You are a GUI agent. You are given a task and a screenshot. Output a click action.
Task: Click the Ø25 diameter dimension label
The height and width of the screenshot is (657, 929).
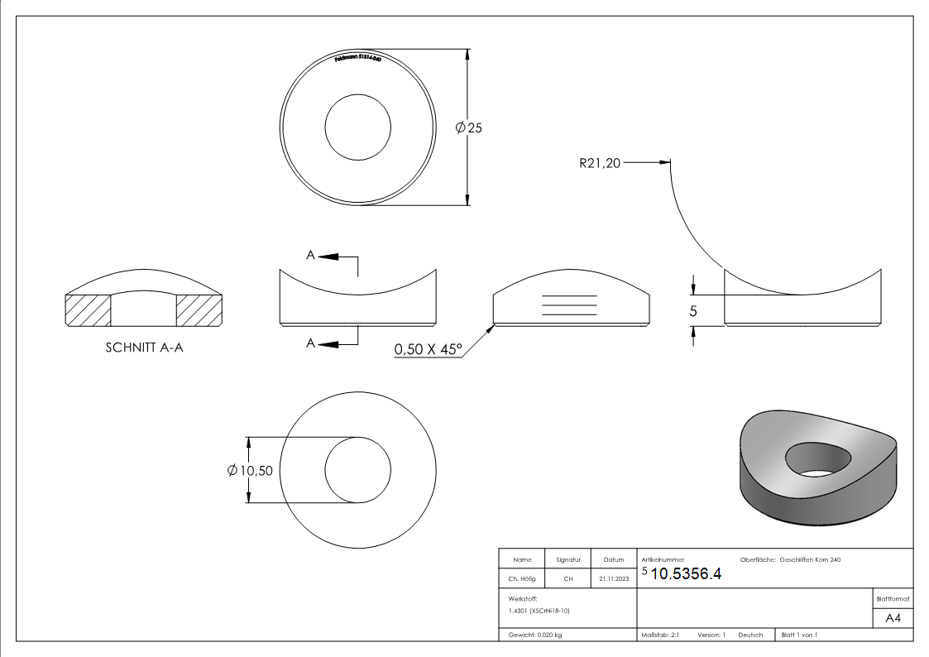468,127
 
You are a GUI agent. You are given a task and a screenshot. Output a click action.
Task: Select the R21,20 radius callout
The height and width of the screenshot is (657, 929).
599,163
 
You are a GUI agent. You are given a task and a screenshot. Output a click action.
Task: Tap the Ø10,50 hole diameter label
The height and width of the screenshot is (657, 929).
250,470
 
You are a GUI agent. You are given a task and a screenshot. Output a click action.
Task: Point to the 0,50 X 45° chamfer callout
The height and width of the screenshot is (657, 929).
427,350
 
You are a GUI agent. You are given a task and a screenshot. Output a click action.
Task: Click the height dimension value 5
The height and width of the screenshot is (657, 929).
693,312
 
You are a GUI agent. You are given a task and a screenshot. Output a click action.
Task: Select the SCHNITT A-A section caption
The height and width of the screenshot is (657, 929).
144,348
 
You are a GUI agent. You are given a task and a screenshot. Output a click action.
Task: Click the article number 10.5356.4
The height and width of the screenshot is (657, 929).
686,575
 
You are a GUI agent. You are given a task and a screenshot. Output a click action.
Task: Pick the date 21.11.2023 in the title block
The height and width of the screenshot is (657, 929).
613,579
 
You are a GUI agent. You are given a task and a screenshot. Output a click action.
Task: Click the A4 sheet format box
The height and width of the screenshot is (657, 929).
893,617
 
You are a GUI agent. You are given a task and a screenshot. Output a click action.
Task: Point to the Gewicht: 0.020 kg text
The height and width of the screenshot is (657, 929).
534,635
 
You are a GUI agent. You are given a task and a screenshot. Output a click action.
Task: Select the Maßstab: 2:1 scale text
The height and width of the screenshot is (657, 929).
660,635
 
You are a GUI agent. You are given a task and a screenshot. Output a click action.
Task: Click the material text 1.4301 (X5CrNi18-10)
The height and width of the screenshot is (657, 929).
540,611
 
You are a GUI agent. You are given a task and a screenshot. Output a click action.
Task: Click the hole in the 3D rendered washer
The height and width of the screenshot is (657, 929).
817,458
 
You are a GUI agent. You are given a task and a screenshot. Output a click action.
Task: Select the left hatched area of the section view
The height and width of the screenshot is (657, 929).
88,310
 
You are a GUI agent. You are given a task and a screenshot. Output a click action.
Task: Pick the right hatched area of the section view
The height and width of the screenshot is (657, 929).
199,310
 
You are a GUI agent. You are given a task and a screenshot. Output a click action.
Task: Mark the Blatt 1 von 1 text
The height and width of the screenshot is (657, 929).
799,635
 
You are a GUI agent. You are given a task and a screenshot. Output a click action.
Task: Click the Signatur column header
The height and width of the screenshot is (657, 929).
567,560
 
